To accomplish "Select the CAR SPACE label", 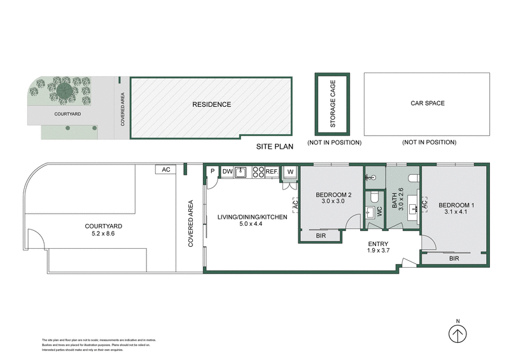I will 427,103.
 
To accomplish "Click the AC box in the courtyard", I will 166,170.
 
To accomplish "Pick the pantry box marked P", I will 212,171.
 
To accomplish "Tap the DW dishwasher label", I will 227,171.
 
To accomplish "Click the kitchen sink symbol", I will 241,171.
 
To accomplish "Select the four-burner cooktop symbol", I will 258,171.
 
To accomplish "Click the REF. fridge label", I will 272,171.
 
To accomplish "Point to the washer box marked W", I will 289,171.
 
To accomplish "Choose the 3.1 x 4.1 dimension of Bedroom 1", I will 456,214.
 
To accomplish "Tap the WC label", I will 379,212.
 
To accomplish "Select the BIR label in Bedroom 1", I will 454,259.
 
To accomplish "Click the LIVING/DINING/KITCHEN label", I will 252,217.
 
